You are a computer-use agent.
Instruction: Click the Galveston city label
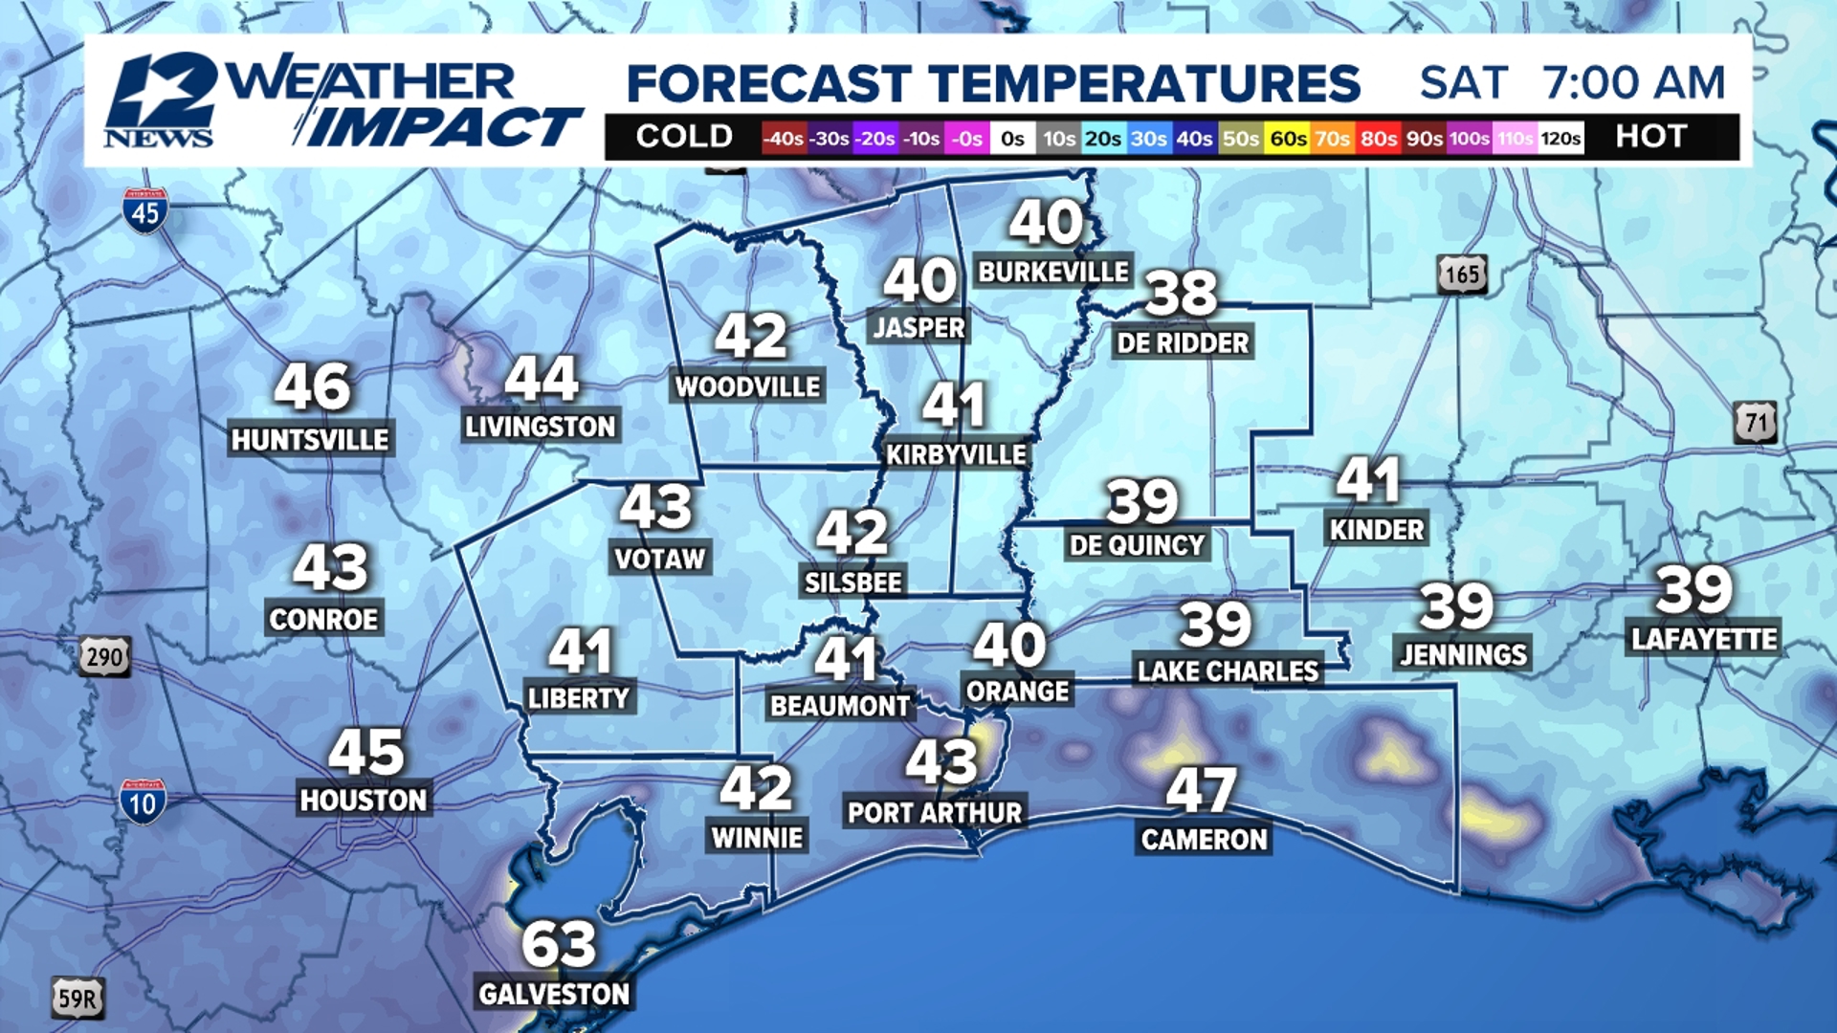(554, 994)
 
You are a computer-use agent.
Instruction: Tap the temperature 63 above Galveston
(559, 944)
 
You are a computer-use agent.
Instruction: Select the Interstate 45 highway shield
(145, 211)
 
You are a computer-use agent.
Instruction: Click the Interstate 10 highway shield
(143, 802)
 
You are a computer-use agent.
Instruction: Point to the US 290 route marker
(104, 657)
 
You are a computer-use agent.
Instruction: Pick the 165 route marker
(1461, 275)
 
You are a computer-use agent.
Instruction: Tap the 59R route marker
(77, 1000)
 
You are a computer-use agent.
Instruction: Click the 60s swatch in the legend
(1288, 139)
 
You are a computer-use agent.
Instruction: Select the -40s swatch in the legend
(783, 139)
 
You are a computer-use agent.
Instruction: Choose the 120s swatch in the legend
(1560, 139)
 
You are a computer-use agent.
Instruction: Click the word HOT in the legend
(1650, 137)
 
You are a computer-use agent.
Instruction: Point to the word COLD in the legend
(684, 137)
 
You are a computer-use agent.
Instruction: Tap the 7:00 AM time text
(1634, 82)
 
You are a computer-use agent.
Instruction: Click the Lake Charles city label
(1228, 671)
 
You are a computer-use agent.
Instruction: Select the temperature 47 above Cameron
(1202, 790)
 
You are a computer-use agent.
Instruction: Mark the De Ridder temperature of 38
(1182, 293)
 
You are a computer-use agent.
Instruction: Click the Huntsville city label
(310, 440)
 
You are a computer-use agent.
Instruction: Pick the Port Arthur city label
(935, 813)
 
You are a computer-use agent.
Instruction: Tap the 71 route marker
(1755, 423)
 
